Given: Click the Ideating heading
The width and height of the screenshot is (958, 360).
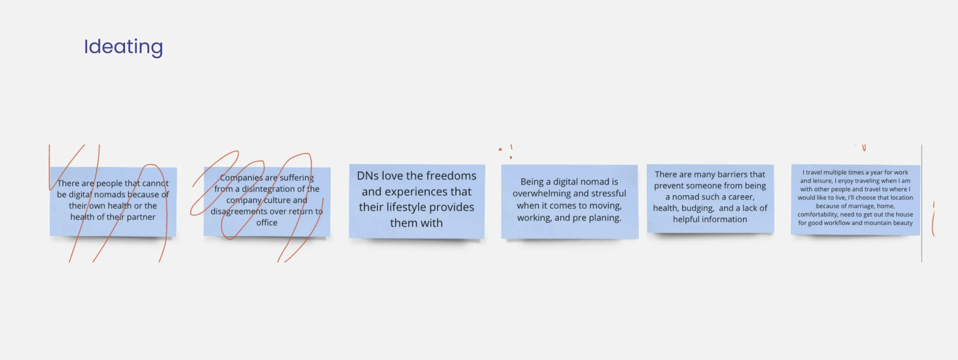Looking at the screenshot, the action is coord(123,47).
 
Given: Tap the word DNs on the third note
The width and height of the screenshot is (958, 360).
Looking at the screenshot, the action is coord(367,175).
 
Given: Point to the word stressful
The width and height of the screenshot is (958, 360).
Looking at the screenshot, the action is coord(609,194).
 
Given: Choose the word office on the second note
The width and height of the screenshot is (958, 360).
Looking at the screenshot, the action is coord(267,223).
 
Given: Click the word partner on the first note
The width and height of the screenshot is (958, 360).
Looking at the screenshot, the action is coord(141,217).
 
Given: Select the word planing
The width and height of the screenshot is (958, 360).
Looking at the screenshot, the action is coord(605,218).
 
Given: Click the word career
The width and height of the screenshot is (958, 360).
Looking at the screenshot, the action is coord(741,197).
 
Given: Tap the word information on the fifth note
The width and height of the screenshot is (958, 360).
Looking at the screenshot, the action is coord(710,219).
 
